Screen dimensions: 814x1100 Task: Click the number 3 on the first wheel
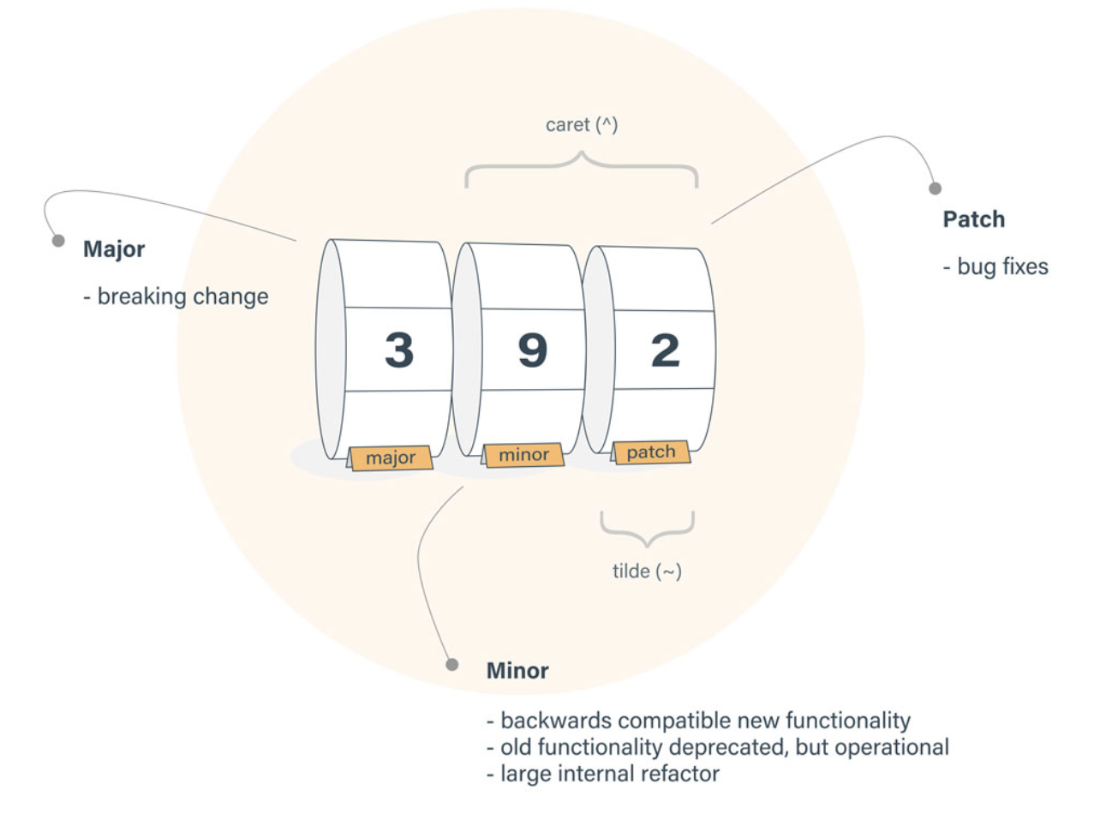pyautogui.click(x=398, y=350)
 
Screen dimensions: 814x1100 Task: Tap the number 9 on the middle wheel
pyautogui.click(x=532, y=350)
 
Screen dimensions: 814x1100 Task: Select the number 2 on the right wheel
pyautogui.click(x=665, y=350)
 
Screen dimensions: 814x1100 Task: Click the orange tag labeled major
pyautogui.click(x=391, y=458)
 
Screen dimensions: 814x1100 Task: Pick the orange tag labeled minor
pyautogui.click(x=523, y=455)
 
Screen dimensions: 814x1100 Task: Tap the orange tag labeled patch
pyautogui.click(x=651, y=452)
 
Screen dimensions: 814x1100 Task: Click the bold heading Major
pyautogui.click(x=114, y=250)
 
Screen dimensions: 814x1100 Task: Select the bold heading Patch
pyautogui.click(x=974, y=219)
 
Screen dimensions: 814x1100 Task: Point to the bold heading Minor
pyautogui.click(x=517, y=670)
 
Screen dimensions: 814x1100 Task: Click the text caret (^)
pyautogui.click(x=582, y=125)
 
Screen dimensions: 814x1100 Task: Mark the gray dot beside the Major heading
pyautogui.click(x=58, y=241)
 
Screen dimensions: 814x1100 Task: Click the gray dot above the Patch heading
pyautogui.click(x=936, y=188)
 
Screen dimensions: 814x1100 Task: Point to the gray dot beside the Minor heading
pyautogui.click(x=451, y=664)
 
